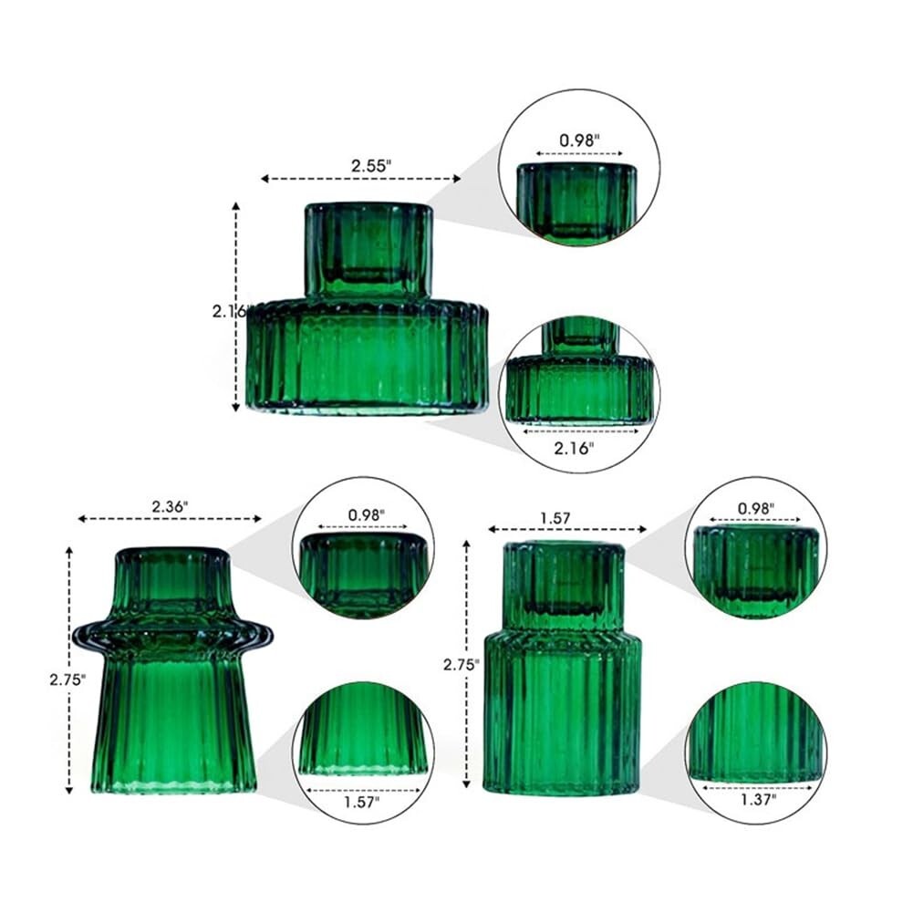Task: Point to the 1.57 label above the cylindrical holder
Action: click(555, 517)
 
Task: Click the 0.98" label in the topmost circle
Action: click(579, 140)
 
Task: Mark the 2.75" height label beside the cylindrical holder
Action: click(461, 665)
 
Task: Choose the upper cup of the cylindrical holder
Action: click(564, 584)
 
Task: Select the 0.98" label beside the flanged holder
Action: click(366, 514)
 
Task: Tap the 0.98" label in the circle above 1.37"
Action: click(756, 506)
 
